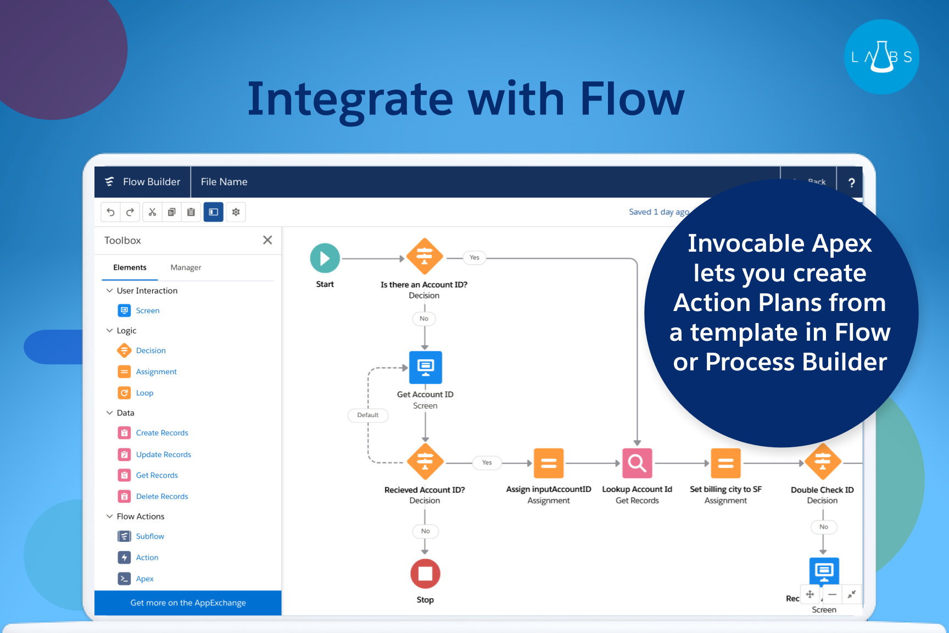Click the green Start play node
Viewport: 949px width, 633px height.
click(325, 258)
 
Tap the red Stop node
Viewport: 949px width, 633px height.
click(425, 574)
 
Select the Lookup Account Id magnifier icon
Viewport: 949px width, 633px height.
click(637, 463)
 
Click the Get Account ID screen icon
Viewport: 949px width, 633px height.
click(426, 367)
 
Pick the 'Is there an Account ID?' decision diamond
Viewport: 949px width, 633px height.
click(425, 256)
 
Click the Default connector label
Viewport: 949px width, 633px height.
click(368, 415)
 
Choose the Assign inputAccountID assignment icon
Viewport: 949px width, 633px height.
click(549, 463)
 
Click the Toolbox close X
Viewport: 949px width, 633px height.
click(267, 240)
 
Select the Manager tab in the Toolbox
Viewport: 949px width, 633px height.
click(186, 268)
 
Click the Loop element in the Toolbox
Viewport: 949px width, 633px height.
click(144, 393)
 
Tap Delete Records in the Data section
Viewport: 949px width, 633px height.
click(162, 496)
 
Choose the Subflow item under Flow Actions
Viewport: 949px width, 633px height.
click(150, 536)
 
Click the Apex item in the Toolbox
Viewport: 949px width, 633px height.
click(144, 579)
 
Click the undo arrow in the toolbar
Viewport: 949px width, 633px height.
click(110, 212)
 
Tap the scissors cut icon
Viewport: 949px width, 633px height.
click(152, 212)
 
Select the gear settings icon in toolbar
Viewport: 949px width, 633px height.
click(236, 212)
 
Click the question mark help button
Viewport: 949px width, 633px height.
click(851, 183)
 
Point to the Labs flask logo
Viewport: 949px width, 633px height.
click(881, 57)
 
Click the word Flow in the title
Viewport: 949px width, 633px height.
click(632, 99)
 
